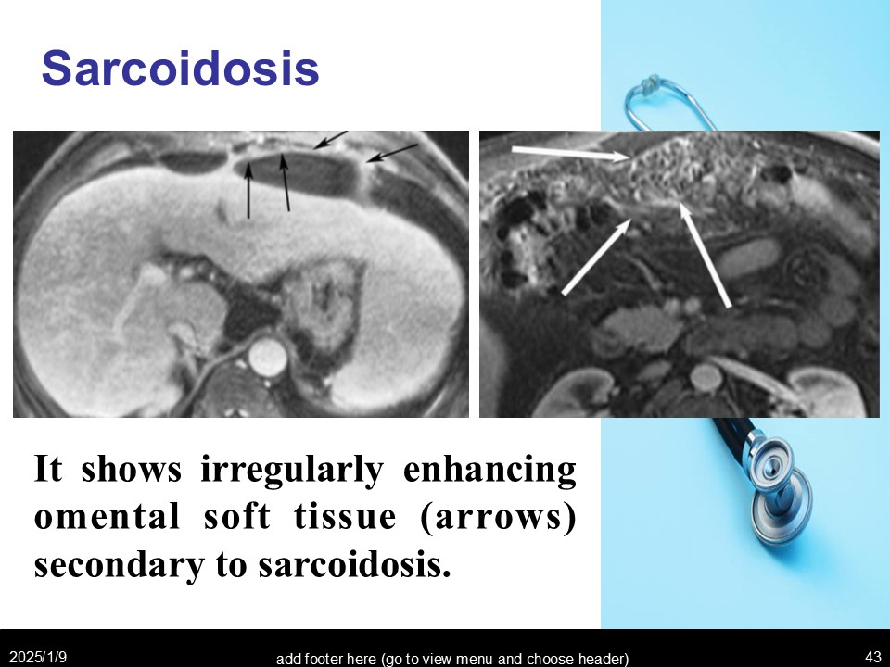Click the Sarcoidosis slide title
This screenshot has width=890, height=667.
pyautogui.click(x=181, y=69)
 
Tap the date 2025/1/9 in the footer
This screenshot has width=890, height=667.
pyautogui.click(x=38, y=657)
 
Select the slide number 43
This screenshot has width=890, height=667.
pyautogui.click(x=873, y=657)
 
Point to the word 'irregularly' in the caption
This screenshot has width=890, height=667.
pyautogui.click(x=292, y=471)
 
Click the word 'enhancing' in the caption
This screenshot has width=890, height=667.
pyautogui.click(x=489, y=471)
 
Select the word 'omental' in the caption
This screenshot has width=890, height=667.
pyautogui.click(x=107, y=517)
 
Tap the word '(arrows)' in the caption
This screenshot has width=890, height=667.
pyautogui.click(x=498, y=518)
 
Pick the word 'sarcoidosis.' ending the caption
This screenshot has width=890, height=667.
pyautogui.click(x=354, y=565)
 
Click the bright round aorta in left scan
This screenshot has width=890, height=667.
pyautogui.click(x=267, y=358)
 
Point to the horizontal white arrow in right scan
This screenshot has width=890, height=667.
pyautogui.click(x=570, y=153)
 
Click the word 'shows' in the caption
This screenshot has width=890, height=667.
pyautogui.click(x=131, y=470)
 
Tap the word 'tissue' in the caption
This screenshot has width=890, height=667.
pyautogui.click(x=345, y=517)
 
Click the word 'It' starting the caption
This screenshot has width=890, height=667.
pyautogui.click(x=47, y=469)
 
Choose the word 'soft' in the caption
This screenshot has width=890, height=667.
pyautogui.click(x=236, y=516)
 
